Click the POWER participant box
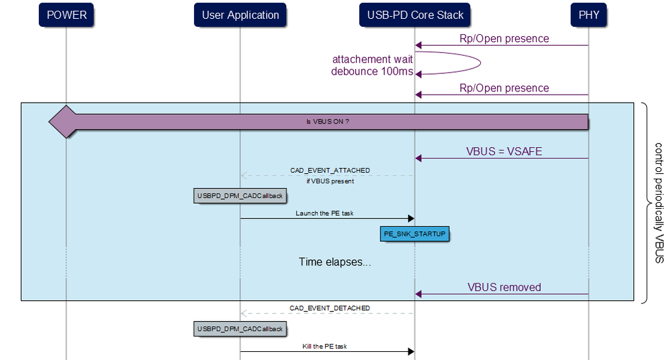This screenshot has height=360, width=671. (x=66, y=15)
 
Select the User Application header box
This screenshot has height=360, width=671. (x=240, y=15)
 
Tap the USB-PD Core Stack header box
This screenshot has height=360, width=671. (x=414, y=15)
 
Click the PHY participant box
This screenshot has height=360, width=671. (x=588, y=15)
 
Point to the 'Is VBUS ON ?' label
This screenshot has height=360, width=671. (x=327, y=122)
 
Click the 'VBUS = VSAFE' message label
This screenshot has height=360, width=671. (x=504, y=152)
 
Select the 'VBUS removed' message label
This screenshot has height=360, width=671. (x=504, y=287)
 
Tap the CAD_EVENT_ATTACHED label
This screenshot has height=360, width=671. (x=329, y=171)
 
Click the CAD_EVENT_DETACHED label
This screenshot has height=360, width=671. (x=329, y=308)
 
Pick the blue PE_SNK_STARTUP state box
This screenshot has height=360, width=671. (x=414, y=234)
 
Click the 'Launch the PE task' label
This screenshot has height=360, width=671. (x=324, y=213)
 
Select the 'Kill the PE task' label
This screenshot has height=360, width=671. (x=324, y=347)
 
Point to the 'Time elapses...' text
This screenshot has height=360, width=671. (x=334, y=262)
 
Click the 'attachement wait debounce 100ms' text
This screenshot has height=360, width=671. (x=372, y=65)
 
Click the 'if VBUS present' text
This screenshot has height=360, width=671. (x=329, y=181)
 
